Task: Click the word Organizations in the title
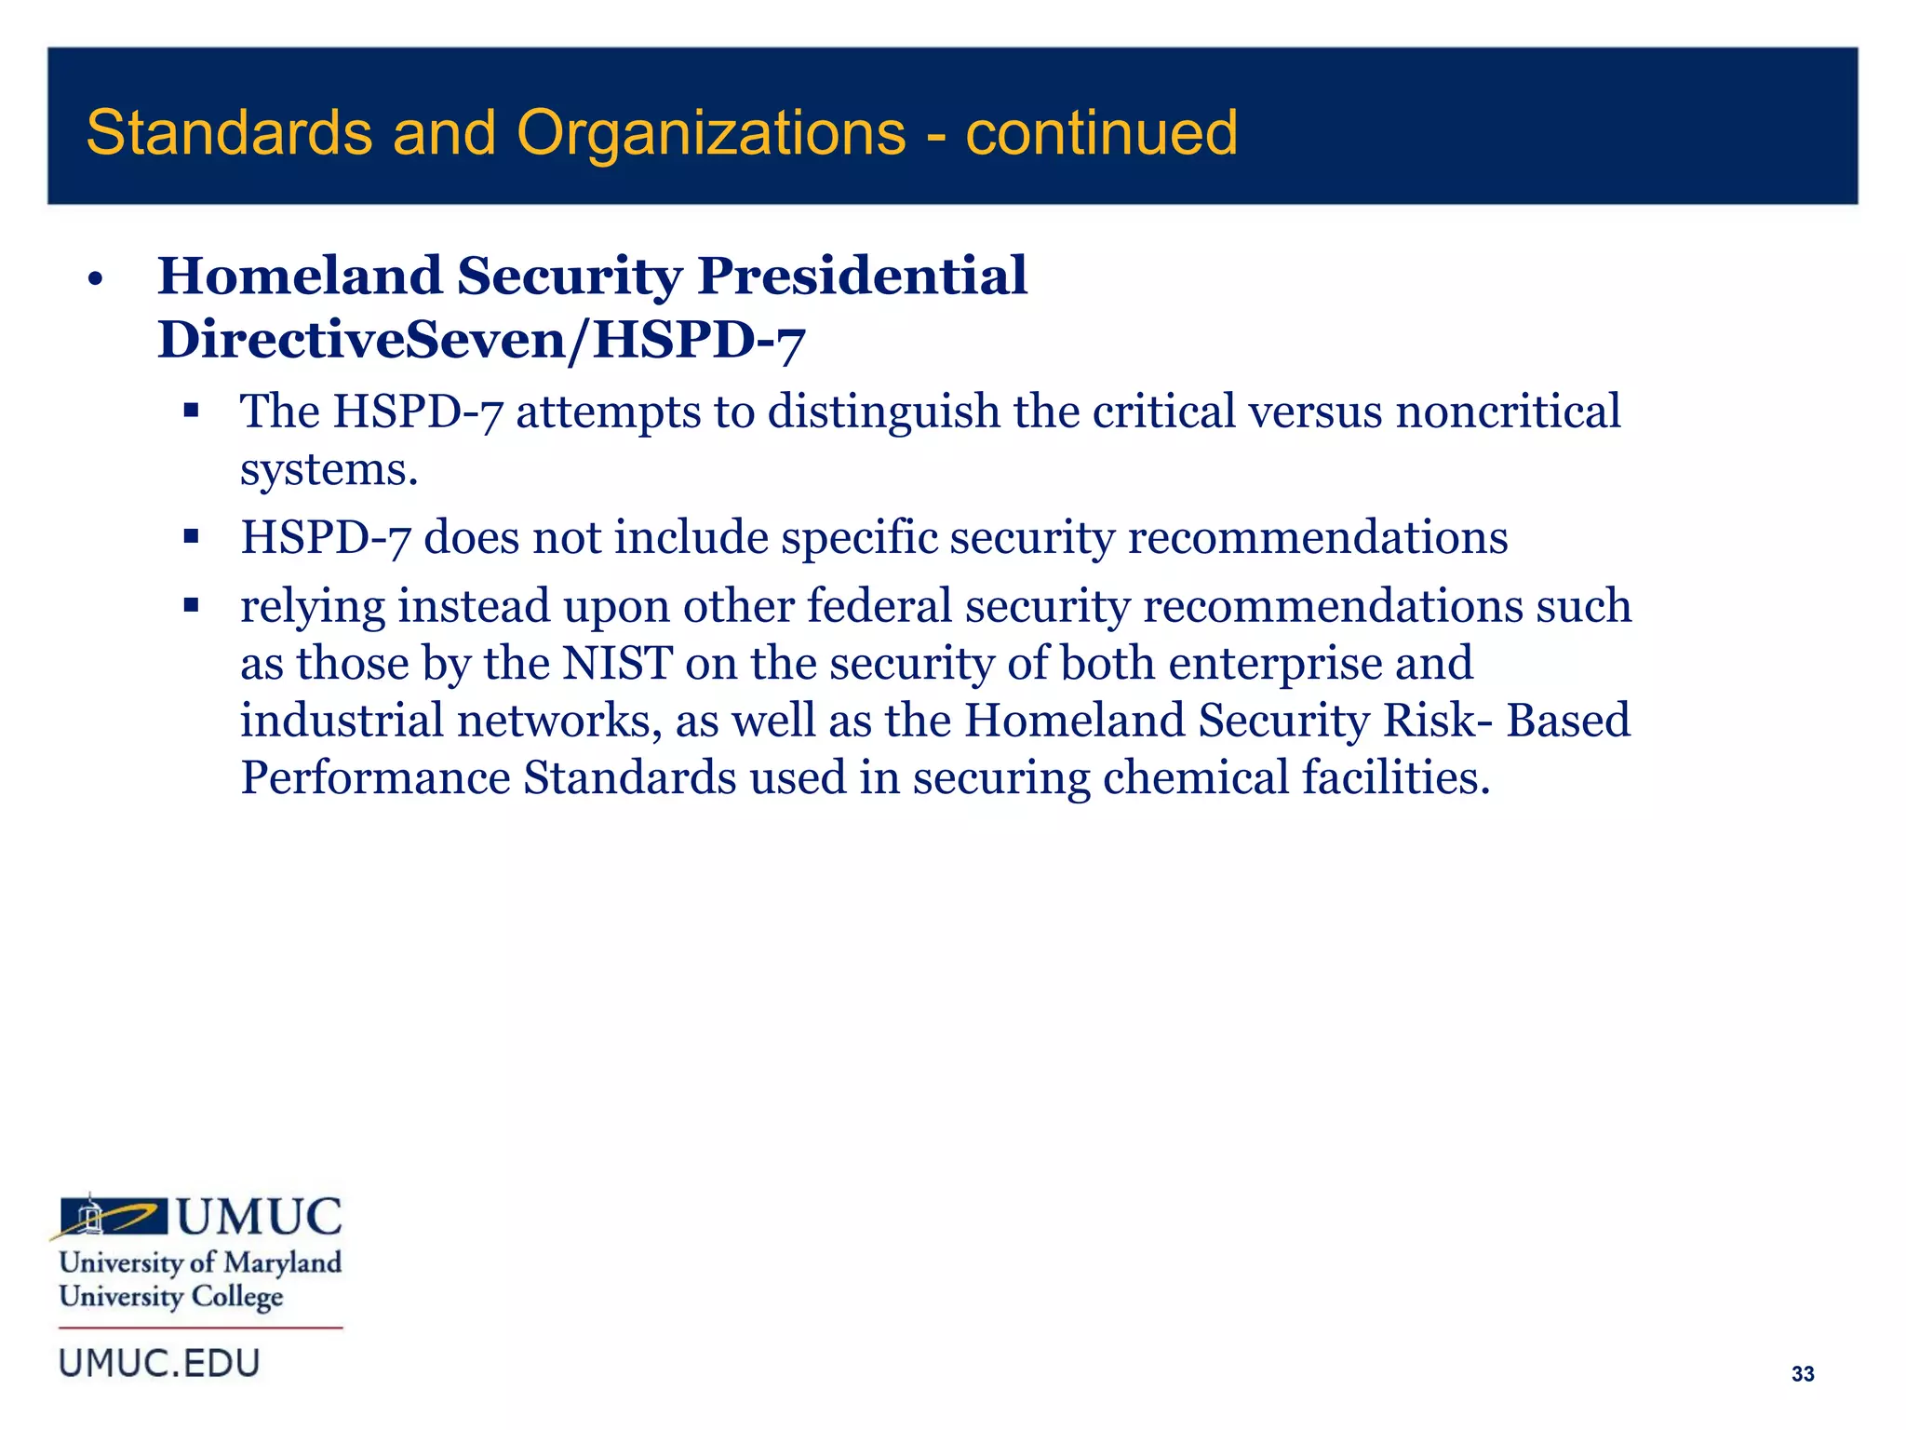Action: pyautogui.click(x=711, y=132)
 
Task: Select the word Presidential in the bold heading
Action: pyautogui.click(x=862, y=276)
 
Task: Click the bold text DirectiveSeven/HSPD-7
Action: pyautogui.click(x=481, y=339)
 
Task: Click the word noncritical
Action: pyautogui.click(x=1508, y=411)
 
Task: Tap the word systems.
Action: pyautogui.click(x=329, y=469)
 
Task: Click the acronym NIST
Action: pyautogui.click(x=617, y=663)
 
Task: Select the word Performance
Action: pyautogui.click(x=375, y=777)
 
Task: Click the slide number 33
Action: pyautogui.click(x=1803, y=1374)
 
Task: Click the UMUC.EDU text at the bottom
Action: pyautogui.click(x=159, y=1363)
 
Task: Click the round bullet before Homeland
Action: pyautogui.click(x=94, y=278)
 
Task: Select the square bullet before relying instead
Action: pyautogui.click(x=192, y=606)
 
